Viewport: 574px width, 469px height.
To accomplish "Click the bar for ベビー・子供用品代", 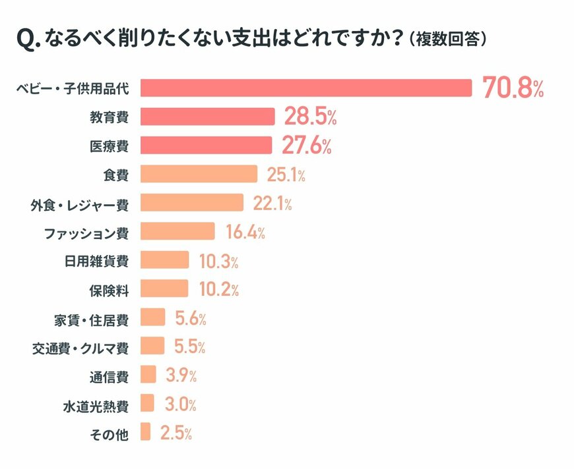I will pos(306,88).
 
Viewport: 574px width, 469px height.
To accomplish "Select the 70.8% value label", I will pos(513,88).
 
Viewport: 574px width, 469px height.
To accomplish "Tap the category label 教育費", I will pos(109,117).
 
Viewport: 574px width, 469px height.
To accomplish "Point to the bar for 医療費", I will pos(206,146).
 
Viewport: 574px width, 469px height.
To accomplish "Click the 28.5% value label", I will pos(310,117).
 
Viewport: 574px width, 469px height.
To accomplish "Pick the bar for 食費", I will pos(199,175).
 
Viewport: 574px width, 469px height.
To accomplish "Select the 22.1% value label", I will pos(272,204).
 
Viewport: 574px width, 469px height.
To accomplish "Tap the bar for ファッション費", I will pos(177,232).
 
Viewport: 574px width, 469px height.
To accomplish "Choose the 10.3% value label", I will pos(218,261).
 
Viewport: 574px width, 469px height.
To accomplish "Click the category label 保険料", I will pos(109,289).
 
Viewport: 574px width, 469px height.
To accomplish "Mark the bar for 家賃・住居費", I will pos(152,318).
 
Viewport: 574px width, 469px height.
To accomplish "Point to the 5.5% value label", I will pos(190,346).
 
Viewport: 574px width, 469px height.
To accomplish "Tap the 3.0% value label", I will pos(177,404).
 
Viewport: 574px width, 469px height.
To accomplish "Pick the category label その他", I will pos(109,433).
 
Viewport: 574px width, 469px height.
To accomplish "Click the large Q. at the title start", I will pos(28,40).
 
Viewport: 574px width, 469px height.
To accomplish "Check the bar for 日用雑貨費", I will pos(164,261).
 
